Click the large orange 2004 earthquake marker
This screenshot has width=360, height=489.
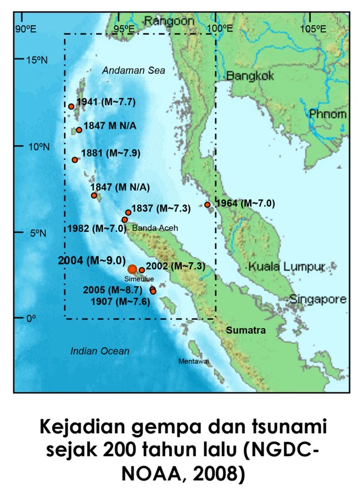coord(132,269)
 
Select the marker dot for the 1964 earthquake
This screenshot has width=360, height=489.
coord(208,205)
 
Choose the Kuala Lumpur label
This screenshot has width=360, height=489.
coord(286,267)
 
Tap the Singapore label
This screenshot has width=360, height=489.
coord(318,299)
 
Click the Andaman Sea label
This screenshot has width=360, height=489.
coord(134,71)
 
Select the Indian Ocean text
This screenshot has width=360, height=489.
coord(99,351)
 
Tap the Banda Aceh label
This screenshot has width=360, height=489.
coord(155,227)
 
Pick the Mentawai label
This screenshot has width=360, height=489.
coord(194,361)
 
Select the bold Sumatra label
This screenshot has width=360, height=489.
coord(246,330)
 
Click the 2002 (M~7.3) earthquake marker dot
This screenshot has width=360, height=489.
coord(142,270)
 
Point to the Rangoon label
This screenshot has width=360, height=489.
coord(169,21)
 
